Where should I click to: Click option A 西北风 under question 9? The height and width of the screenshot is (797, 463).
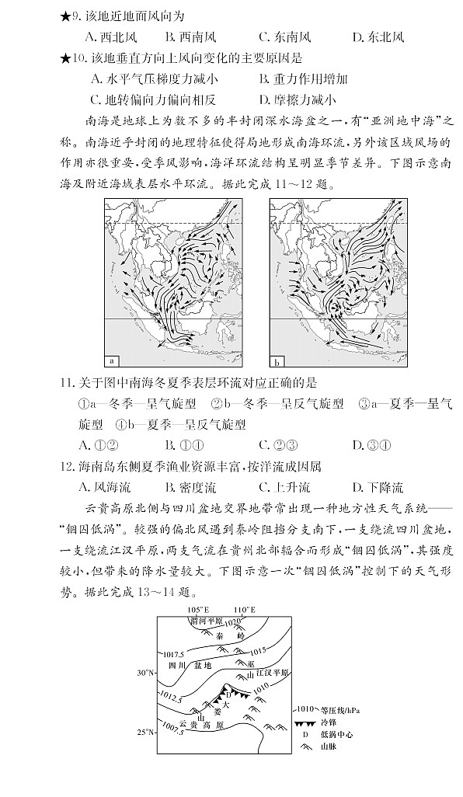[109, 37]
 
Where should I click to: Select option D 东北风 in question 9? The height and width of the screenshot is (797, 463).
[378, 37]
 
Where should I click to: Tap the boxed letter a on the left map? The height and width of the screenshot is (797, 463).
[110, 361]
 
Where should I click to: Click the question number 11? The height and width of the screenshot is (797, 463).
[65, 383]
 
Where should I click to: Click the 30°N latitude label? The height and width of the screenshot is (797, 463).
[147, 672]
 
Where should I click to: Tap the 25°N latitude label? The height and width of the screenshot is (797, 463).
[147, 732]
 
